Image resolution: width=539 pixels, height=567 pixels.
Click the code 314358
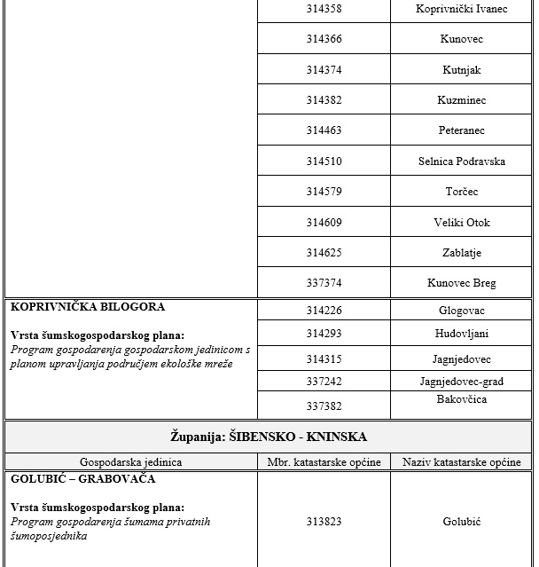(324, 9)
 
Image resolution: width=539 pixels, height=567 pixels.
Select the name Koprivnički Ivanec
(461, 9)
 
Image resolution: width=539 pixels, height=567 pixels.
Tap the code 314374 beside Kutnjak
(324, 70)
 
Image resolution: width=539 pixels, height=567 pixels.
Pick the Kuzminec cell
(461, 100)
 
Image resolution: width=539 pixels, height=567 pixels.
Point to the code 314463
(324, 130)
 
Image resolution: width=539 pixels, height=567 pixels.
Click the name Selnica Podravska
(461, 161)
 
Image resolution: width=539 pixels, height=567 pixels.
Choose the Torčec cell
(461, 192)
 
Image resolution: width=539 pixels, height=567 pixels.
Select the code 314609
(324, 223)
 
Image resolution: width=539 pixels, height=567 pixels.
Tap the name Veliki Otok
(461, 223)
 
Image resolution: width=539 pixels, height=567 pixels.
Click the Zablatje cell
(461, 253)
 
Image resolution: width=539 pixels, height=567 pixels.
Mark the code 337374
(324, 283)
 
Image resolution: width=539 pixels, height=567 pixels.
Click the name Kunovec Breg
(461, 283)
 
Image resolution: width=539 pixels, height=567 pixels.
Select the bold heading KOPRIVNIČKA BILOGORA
(88, 307)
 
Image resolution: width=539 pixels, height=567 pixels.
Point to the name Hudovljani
(461, 334)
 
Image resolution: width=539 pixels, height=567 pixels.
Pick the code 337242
(324, 382)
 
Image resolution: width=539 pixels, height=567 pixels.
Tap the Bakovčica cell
(461, 400)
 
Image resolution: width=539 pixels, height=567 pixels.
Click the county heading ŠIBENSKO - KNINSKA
(269, 437)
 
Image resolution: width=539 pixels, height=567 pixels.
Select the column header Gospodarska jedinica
(130, 462)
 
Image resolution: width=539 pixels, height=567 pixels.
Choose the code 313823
(324, 522)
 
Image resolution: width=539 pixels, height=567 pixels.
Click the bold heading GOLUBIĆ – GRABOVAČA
(83, 479)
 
